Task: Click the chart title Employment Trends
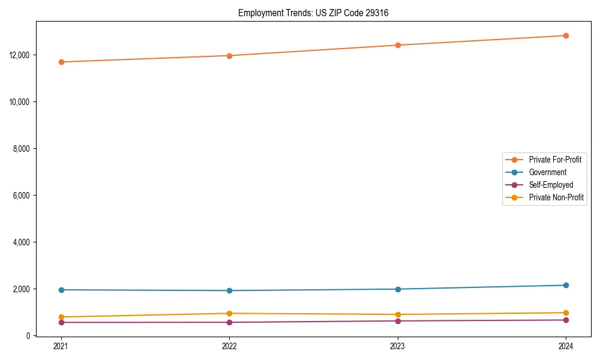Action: [x=313, y=13]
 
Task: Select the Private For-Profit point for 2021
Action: [x=61, y=62]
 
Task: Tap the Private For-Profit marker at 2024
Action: [x=566, y=35]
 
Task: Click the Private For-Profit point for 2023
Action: [x=398, y=45]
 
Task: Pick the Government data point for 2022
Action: [x=229, y=290]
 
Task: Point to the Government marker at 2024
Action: [x=566, y=285]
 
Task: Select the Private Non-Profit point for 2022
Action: [x=229, y=313]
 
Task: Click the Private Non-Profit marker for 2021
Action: [x=61, y=317]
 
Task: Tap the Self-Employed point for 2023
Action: [x=398, y=321]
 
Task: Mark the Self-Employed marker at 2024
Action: [x=566, y=320]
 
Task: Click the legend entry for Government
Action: [x=547, y=172]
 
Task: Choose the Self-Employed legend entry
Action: [x=551, y=185]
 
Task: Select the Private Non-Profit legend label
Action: [x=556, y=197]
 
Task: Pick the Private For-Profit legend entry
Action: [x=555, y=160]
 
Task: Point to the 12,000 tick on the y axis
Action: [x=20, y=55]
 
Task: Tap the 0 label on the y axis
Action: [x=28, y=336]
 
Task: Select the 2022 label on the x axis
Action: [x=229, y=346]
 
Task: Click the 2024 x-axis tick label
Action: [x=566, y=346]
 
